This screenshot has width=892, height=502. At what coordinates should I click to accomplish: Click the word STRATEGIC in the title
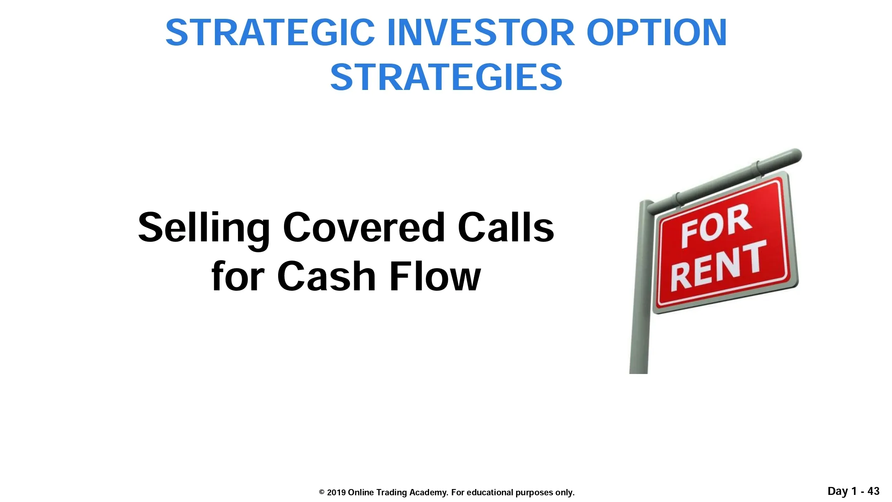click(270, 33)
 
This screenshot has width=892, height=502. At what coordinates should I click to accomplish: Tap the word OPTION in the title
click(657, 33)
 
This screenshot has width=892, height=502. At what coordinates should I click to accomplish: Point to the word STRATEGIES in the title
click(446, 77)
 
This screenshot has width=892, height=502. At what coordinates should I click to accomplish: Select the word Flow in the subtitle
click(435, 276)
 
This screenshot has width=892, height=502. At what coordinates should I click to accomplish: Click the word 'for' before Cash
click(238, 276)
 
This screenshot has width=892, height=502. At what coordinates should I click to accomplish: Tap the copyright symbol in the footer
click(322, 492)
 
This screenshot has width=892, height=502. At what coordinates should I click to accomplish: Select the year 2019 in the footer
click(336, 492)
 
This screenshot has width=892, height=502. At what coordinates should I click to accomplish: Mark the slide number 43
click(873, 491)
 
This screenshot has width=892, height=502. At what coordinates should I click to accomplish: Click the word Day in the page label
click(838, 492)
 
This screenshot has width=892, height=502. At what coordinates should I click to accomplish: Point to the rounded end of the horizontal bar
click(796, 155)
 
